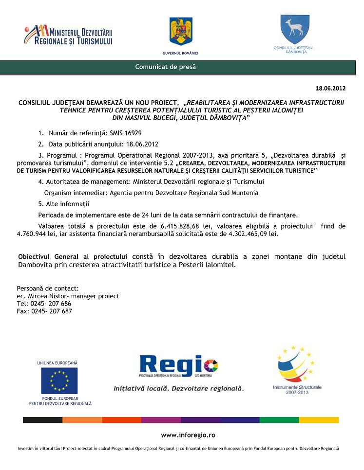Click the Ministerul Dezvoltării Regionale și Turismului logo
pyautogui.click(x=68, y=35)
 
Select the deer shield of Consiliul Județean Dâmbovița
pyautogui.click(x=294, y=30)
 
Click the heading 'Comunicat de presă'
pyautogui.click(x=166, y=67)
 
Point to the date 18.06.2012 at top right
pyautogui.click(x=330, y=88)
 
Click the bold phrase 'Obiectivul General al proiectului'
pyautogui.click(x=73, y=256)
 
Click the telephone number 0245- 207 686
pyautogui.click(x=51, y=304)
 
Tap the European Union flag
pyautogui.click(x=59, y=380)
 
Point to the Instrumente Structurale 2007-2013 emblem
pyautogui.click(x=297, y=368)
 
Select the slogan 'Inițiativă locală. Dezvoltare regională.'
pyautogui.click(x=178, y=389)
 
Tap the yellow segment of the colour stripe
pyautogui.click(x=319, y=420)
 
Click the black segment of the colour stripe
pyautogui.click(x=42, y=420)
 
